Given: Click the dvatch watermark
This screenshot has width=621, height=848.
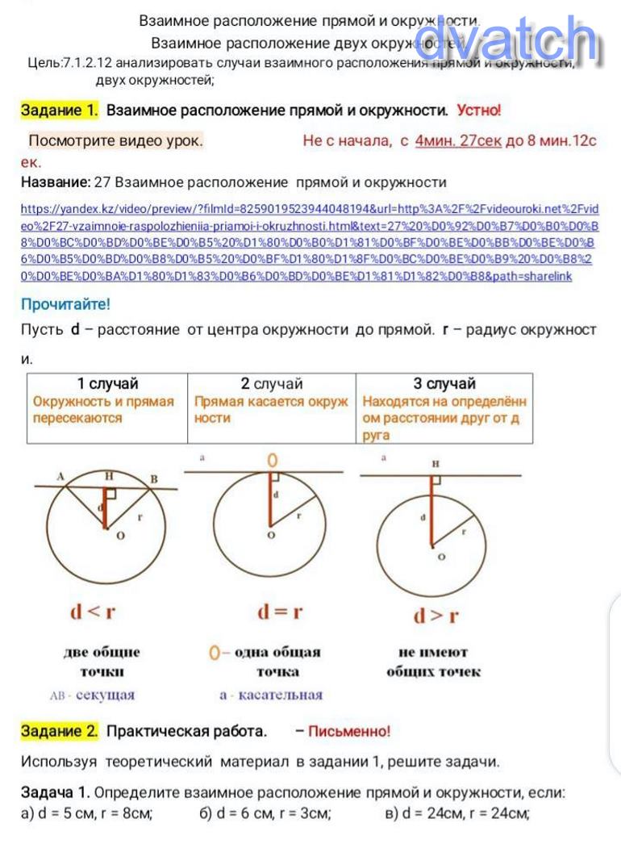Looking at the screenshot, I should [x=506, y=39].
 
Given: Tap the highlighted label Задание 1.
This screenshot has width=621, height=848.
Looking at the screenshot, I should [x=60, y=110].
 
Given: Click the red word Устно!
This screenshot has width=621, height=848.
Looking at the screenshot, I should [x=478, y=110].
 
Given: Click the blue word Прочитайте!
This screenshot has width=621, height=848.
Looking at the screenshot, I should [x=65, y=304].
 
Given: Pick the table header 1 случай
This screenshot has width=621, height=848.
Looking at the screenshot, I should [x=107, y=383].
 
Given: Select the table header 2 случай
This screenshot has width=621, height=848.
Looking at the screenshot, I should [x=272, y=383].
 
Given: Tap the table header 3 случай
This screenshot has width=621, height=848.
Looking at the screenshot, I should [x=444, y=383].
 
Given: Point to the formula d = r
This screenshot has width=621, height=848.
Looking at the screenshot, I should [x=280, y=612].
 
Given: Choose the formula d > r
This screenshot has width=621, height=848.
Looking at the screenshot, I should [x=436, y=616].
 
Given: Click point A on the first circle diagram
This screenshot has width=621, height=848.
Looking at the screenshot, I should [x=60, y=477].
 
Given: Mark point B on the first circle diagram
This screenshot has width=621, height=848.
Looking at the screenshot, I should [x=154, y=479].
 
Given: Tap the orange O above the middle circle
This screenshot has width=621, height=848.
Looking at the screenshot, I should [x=273, y=460].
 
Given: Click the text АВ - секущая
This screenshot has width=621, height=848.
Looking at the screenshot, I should [x=93, y=695].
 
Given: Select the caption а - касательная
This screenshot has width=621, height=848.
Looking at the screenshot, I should [x=271, y=695].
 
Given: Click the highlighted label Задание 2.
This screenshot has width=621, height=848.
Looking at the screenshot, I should [x=60, y=731].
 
